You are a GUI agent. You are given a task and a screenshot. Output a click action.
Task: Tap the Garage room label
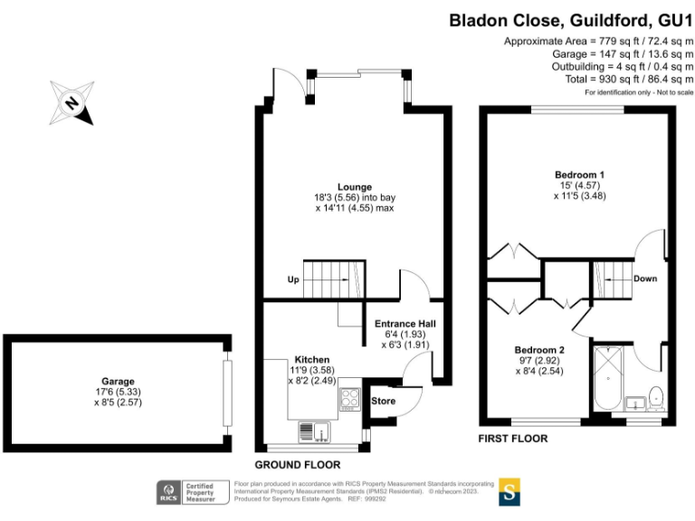[x=118, y=382]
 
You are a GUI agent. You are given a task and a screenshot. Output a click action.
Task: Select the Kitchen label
[x=312, y=359]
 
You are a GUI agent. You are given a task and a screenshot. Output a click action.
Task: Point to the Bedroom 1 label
[x=579, y=174]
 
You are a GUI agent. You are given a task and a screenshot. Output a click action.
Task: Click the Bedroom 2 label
[x=539, y=349]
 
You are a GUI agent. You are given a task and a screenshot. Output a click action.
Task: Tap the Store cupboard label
[x=384, y=401]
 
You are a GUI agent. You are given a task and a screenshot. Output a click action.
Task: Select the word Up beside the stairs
[x=293, y=279]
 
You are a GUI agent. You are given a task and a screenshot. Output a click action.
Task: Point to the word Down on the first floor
[x=644, y=279]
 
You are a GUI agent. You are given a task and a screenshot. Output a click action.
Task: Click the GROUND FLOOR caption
[x=305, y=464]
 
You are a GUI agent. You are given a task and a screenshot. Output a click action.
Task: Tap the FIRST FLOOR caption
[x=513, y=439]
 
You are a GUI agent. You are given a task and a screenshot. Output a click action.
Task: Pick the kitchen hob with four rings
[x=350, y=399]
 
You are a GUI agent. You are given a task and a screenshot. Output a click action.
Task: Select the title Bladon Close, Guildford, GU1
[x=571, y=19]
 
